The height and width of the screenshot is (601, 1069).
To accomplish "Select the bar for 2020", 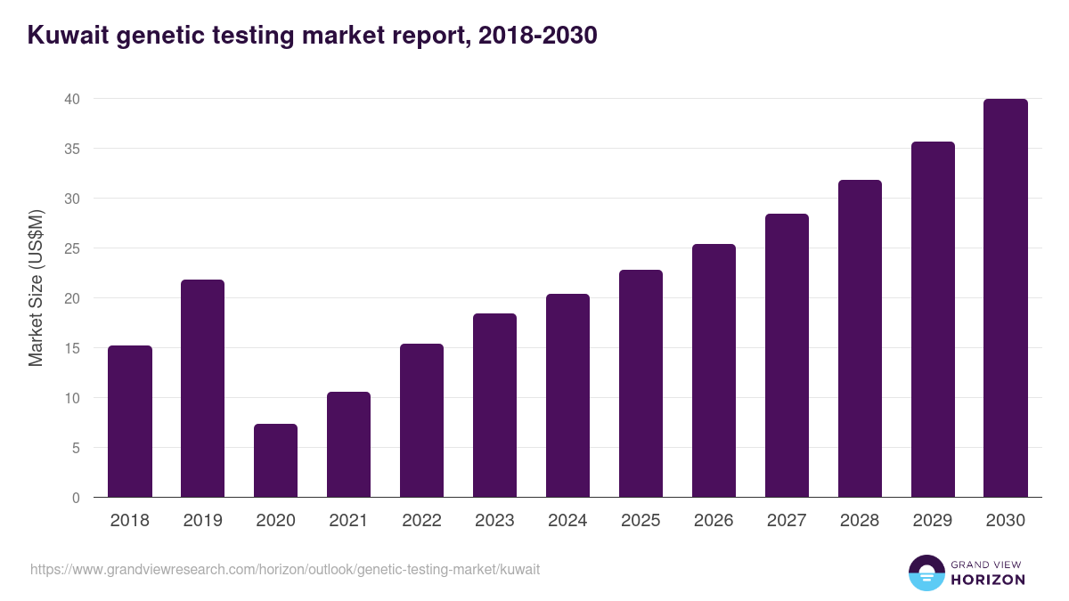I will (x=275, y=461).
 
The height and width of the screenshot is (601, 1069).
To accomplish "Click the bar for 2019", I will (x=202, y=389).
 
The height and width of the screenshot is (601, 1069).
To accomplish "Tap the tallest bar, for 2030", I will (x=1005, y=298).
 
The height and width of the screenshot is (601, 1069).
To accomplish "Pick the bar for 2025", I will (x=641, y=384).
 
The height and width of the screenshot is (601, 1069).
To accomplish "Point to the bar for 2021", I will (x=348, y=445).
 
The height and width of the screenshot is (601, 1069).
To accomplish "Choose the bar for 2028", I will (x=860, y=339).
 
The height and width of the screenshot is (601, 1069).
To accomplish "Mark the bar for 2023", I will (x=494, y=406).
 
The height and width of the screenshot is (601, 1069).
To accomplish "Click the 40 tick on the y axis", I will (x=72, y=99).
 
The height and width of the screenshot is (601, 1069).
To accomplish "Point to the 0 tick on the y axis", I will (x=76, y=498).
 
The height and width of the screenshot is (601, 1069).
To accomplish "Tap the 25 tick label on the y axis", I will (x=72, y=248).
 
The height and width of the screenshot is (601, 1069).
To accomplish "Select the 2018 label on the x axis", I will (x=129, y=521).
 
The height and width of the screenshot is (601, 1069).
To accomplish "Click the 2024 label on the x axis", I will (x=567, y=521).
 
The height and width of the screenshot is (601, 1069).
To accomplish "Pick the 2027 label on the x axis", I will (x=787, y=521).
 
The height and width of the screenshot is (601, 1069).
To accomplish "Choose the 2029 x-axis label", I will (x=933, y=521).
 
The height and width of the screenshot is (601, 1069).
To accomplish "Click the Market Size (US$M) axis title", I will (x=36, y=288).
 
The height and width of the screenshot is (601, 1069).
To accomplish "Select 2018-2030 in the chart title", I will (x=537, y=36).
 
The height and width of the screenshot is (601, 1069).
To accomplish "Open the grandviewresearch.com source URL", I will (x=285, y=569).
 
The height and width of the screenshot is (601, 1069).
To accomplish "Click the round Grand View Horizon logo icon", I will (x=926, y=573).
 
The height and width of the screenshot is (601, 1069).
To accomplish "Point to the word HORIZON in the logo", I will (x=989, y=580).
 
